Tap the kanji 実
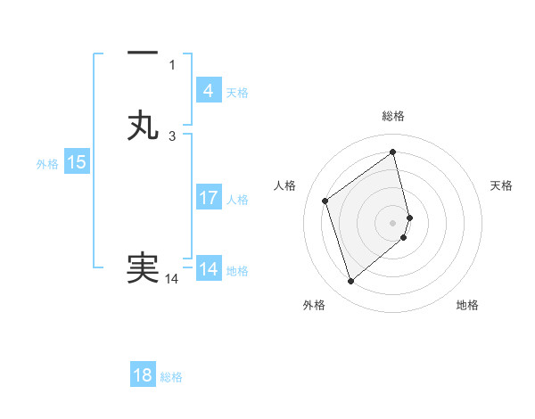point(143,268)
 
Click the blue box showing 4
point(208,91)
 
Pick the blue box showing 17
point(208,197)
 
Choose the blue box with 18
point(143,375)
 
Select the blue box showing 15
point(77,162)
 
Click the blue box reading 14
point(208,268)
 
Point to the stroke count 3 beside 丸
point(172,136)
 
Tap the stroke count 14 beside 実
point(171,279)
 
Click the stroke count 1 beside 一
point(172,64)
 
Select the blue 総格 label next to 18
point(171,377)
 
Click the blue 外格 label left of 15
point(47,164)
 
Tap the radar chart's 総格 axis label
point(393,116)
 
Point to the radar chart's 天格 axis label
point(501,185)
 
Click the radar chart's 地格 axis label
point(467,305)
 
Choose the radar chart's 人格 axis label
point(285,185)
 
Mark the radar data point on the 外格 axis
point(350,282)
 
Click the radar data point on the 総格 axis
point(393,152)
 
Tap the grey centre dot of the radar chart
point(393,221)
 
